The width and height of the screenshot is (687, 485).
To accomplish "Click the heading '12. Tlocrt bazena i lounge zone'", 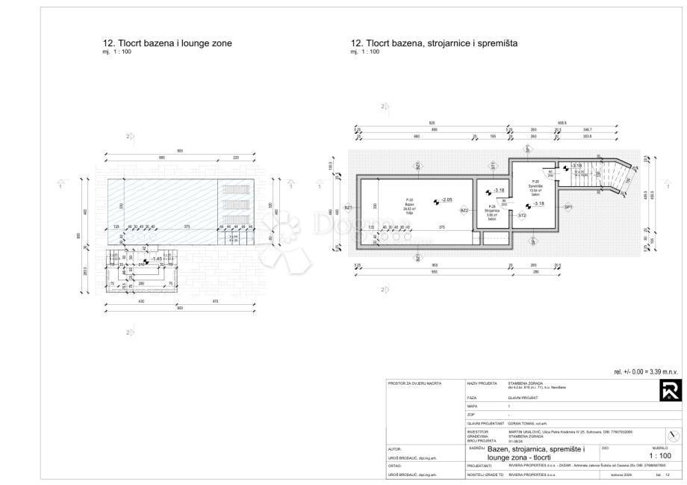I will coord(167,44).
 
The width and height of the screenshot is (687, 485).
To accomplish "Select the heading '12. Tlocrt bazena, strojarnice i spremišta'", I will coord(434,44).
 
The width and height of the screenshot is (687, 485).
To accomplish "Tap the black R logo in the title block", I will coord(670,391).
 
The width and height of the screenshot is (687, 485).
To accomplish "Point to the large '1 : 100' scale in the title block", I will coord(659,455).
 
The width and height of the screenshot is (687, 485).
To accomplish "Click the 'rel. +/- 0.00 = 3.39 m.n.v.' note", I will coord(645,371).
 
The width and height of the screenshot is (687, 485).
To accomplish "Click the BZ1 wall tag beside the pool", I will coord(348,208).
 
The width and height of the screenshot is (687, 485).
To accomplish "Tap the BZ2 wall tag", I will coord(464,211).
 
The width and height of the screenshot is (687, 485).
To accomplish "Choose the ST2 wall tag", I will coord(523,215).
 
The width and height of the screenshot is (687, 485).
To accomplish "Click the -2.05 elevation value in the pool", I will coord(447,200).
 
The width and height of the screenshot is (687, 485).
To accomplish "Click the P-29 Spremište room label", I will coord(535,186).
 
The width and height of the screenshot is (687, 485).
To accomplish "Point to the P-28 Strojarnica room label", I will coord(491,212).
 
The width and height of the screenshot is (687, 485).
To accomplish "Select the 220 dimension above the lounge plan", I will coord(236,158).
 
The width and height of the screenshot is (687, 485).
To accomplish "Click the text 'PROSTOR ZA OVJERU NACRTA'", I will coord(408,383).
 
